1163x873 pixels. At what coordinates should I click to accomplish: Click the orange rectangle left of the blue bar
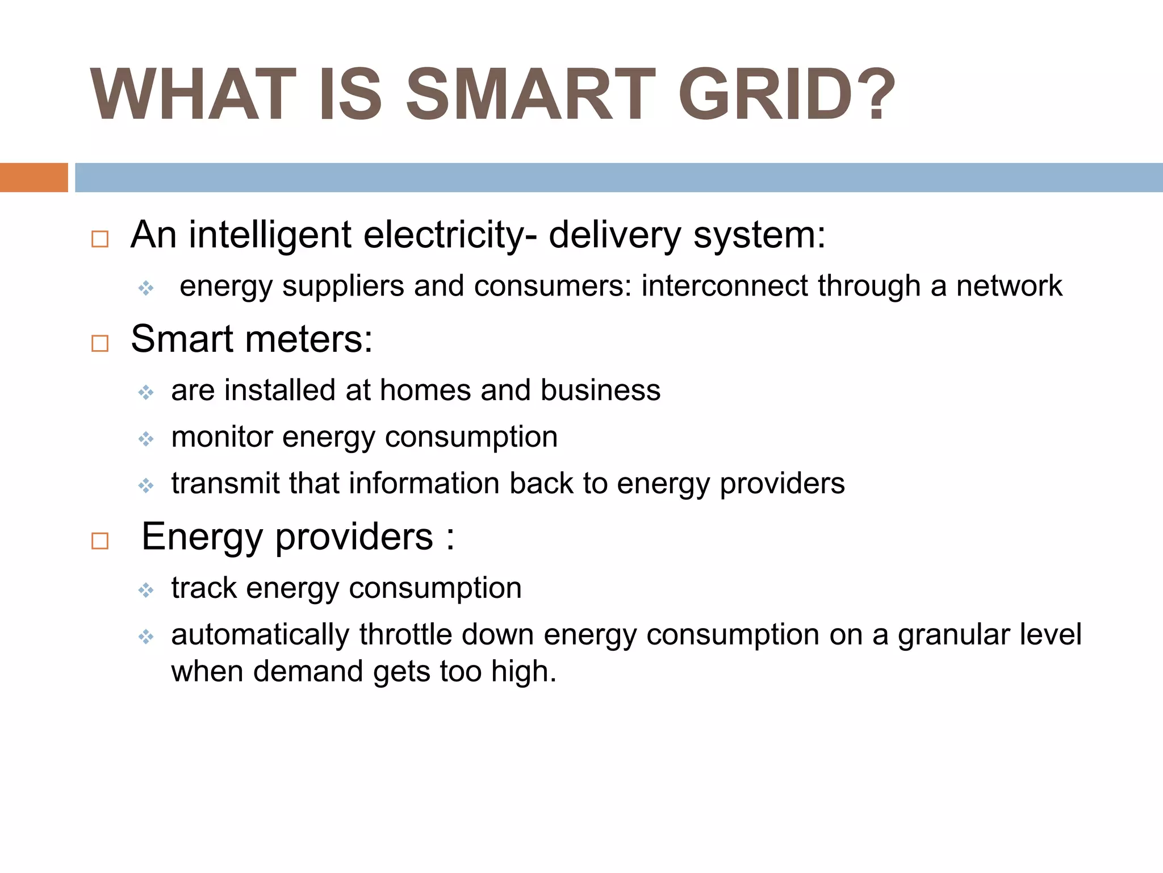pyautogui.click(x=34, y=177)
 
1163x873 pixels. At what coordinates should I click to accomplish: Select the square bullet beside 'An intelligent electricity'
pyautogui.click(x=100, y=239)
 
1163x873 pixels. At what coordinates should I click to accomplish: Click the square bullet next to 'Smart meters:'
pyautogui.click(x=100, y=343)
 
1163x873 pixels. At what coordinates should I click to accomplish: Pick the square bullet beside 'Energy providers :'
pyautogui.click(x=100, y=541)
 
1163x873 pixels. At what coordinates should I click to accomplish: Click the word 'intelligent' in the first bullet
pyautogui.click(x=270, y=235)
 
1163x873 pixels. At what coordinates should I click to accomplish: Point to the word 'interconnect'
pyautogui.click(x=724, y=285)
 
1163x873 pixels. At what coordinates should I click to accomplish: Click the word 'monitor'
pyautogui.click(x=222, y=437)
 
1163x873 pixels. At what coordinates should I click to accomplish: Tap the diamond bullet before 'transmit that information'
pyautogui.click(x=146, y=485)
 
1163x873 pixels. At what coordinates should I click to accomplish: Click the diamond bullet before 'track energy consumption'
pyautogui.click(x=146, y=590)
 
